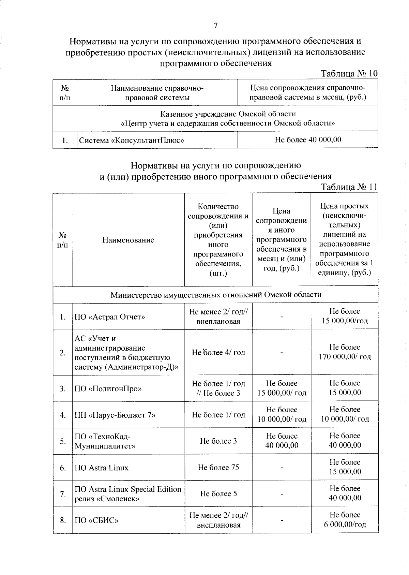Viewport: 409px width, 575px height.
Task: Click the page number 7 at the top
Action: (215, 26)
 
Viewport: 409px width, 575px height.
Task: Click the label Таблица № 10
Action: (349, 74)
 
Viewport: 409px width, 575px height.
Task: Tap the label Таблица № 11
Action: (349, 187)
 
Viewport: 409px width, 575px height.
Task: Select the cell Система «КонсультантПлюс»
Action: (132, 140)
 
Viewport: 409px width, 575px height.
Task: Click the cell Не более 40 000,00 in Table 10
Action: (308, 139)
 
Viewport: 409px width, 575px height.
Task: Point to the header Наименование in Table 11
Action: (128, 240)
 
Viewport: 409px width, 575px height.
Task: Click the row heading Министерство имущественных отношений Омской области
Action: (215, 295)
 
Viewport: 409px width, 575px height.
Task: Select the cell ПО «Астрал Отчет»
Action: (110, 317)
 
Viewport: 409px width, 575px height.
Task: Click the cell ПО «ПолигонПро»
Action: (108, 389)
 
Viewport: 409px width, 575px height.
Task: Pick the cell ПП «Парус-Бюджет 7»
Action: (115, 415)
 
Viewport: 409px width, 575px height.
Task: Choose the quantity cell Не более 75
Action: (218, 467)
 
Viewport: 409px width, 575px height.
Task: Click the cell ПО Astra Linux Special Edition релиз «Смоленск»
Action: (128, 494)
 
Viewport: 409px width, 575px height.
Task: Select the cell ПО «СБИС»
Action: (96, 520)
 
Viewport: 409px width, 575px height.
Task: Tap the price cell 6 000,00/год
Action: (345, 525)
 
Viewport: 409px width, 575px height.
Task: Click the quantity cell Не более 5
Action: (218, 493)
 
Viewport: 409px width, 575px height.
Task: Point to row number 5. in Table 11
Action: (63, 441)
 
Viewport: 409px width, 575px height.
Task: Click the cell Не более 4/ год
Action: (218, 352)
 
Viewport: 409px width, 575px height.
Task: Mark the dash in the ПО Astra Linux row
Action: (282, 468)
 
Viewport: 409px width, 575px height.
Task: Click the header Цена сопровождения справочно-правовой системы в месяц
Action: (308, 93)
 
